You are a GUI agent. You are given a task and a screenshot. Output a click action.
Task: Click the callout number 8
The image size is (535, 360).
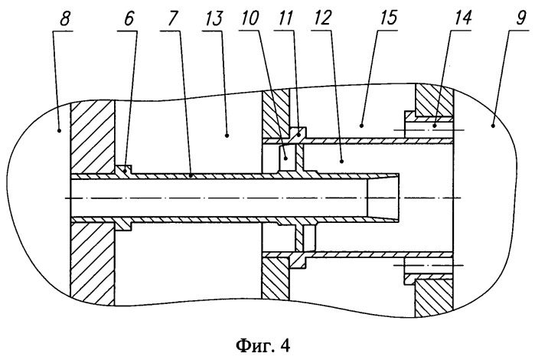tap(65, 19)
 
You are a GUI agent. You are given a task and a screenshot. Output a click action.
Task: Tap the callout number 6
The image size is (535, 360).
tap(129, 19)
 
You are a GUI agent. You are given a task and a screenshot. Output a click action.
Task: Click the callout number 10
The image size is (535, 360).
tap(250, 19)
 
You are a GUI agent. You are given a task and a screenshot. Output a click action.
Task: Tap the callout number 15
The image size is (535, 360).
tap(388, 19)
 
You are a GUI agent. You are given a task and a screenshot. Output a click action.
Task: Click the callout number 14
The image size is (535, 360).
tap(462, 19)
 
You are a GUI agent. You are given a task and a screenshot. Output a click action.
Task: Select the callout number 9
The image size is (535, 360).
tap(521, 19)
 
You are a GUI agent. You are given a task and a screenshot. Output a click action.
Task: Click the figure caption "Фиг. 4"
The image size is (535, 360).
tap(263, 345)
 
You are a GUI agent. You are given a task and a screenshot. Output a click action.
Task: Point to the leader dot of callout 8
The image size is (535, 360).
tap(60, 130)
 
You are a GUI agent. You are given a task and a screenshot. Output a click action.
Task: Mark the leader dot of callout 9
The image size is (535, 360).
tap(493, 126)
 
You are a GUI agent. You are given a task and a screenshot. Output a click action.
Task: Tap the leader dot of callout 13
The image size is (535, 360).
tap(227, 136)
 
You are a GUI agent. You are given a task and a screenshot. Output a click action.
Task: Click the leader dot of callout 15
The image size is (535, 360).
tap(361, 126)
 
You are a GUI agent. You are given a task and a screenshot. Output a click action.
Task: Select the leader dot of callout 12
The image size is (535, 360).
tap(342, 160)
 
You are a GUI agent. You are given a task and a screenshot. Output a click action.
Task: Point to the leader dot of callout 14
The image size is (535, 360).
tap(435, 126)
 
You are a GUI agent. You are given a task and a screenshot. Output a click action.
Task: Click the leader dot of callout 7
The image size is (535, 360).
tap(191, 175)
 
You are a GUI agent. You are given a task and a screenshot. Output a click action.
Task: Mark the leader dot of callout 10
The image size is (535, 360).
tap(286, 158)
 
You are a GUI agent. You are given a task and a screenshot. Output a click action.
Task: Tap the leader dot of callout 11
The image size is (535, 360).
tap(299, 136)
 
